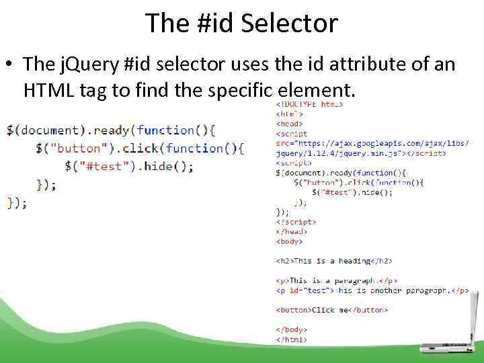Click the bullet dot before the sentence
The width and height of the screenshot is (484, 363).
10,65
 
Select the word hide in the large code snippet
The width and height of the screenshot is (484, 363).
158,166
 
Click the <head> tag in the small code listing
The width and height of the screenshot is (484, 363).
289,124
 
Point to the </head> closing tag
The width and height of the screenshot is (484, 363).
291,231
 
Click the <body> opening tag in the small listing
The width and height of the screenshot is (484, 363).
289,241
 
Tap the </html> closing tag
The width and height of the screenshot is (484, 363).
292,339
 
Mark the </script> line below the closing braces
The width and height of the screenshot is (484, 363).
296,222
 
